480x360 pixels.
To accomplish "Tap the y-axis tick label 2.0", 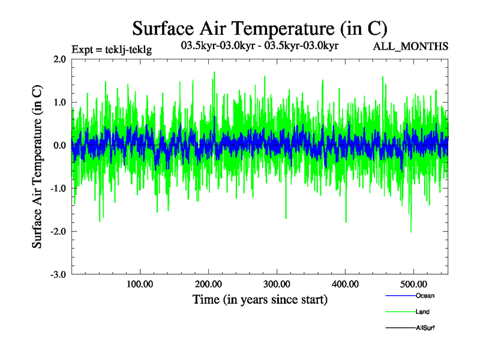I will tap(59, 59).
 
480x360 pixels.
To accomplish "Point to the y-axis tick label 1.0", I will tap(59, 103).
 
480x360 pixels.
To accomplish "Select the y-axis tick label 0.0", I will tap(59, 145).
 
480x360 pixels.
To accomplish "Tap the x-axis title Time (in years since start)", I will tap(260, 299).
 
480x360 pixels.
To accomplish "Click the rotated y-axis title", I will tap(37, 167).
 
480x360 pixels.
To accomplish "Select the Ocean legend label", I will tap(425, 296).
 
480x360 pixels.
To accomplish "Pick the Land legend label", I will tap(422, 312).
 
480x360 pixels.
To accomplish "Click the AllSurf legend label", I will tap(425, 328).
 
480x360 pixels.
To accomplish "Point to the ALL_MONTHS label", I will tap(410, 47).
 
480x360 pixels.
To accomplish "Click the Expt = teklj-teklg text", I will tap(112, 50).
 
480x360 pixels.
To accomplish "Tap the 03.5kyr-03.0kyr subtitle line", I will tap(260, 44).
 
